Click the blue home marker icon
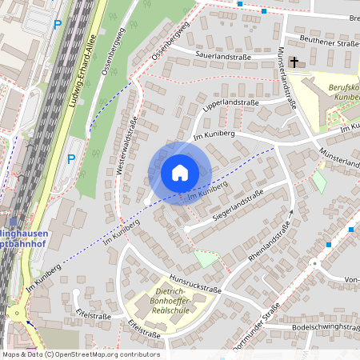pos(180,172)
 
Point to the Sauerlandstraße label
pos(220,57)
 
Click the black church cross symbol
pos(294,62)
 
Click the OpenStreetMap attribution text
pos(80,354)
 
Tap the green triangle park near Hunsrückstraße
pos(206,258)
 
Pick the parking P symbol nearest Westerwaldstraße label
pos(71,158)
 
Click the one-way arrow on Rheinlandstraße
pos(292,212)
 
